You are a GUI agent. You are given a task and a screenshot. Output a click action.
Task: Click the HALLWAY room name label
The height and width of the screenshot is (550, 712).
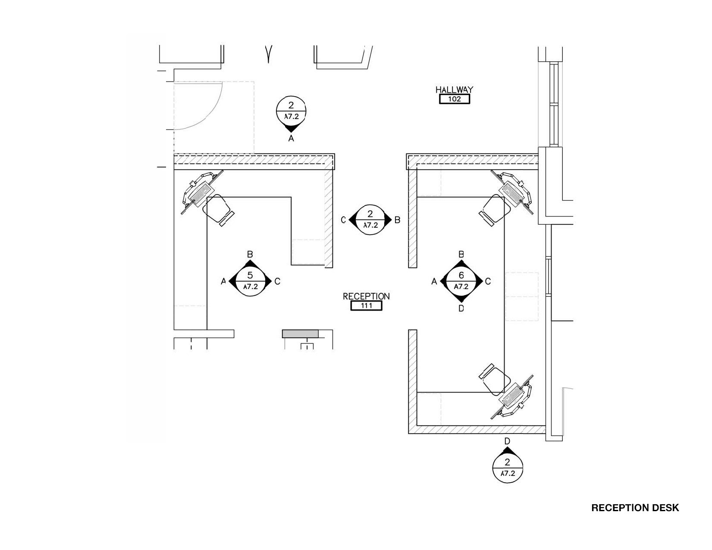click(454, 90)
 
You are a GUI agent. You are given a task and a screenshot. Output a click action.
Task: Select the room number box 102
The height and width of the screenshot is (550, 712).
click(455, 99)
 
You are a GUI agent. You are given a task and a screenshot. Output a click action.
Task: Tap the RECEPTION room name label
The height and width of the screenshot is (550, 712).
click(366, 296)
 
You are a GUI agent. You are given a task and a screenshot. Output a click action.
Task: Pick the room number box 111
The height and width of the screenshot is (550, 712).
click(366, 306)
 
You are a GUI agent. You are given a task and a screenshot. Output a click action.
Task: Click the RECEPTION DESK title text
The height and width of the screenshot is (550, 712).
click(635, 508)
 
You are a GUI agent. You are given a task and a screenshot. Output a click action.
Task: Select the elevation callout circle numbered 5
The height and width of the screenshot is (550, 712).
click(250, 281)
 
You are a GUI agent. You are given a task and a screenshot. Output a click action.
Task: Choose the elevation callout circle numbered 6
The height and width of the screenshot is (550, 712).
click(461, 281)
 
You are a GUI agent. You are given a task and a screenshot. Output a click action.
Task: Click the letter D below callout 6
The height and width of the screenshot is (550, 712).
click(461, 308)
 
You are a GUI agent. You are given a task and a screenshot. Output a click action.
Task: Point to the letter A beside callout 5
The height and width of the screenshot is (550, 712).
click(223, 281)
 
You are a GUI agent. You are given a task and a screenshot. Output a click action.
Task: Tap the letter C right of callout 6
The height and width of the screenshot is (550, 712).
click(488, 281)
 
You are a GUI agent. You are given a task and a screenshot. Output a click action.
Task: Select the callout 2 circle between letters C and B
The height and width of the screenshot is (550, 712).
click(370, 220)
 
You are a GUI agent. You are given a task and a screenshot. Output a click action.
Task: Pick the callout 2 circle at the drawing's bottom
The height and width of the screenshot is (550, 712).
click(507, 468)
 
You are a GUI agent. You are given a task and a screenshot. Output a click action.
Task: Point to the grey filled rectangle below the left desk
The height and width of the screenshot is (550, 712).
click(300, 333)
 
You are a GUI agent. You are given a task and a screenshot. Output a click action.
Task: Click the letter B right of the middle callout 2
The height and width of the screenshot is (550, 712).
click(397, 220)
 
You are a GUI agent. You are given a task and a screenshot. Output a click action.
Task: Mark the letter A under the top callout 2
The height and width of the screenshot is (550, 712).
click(291, 138)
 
